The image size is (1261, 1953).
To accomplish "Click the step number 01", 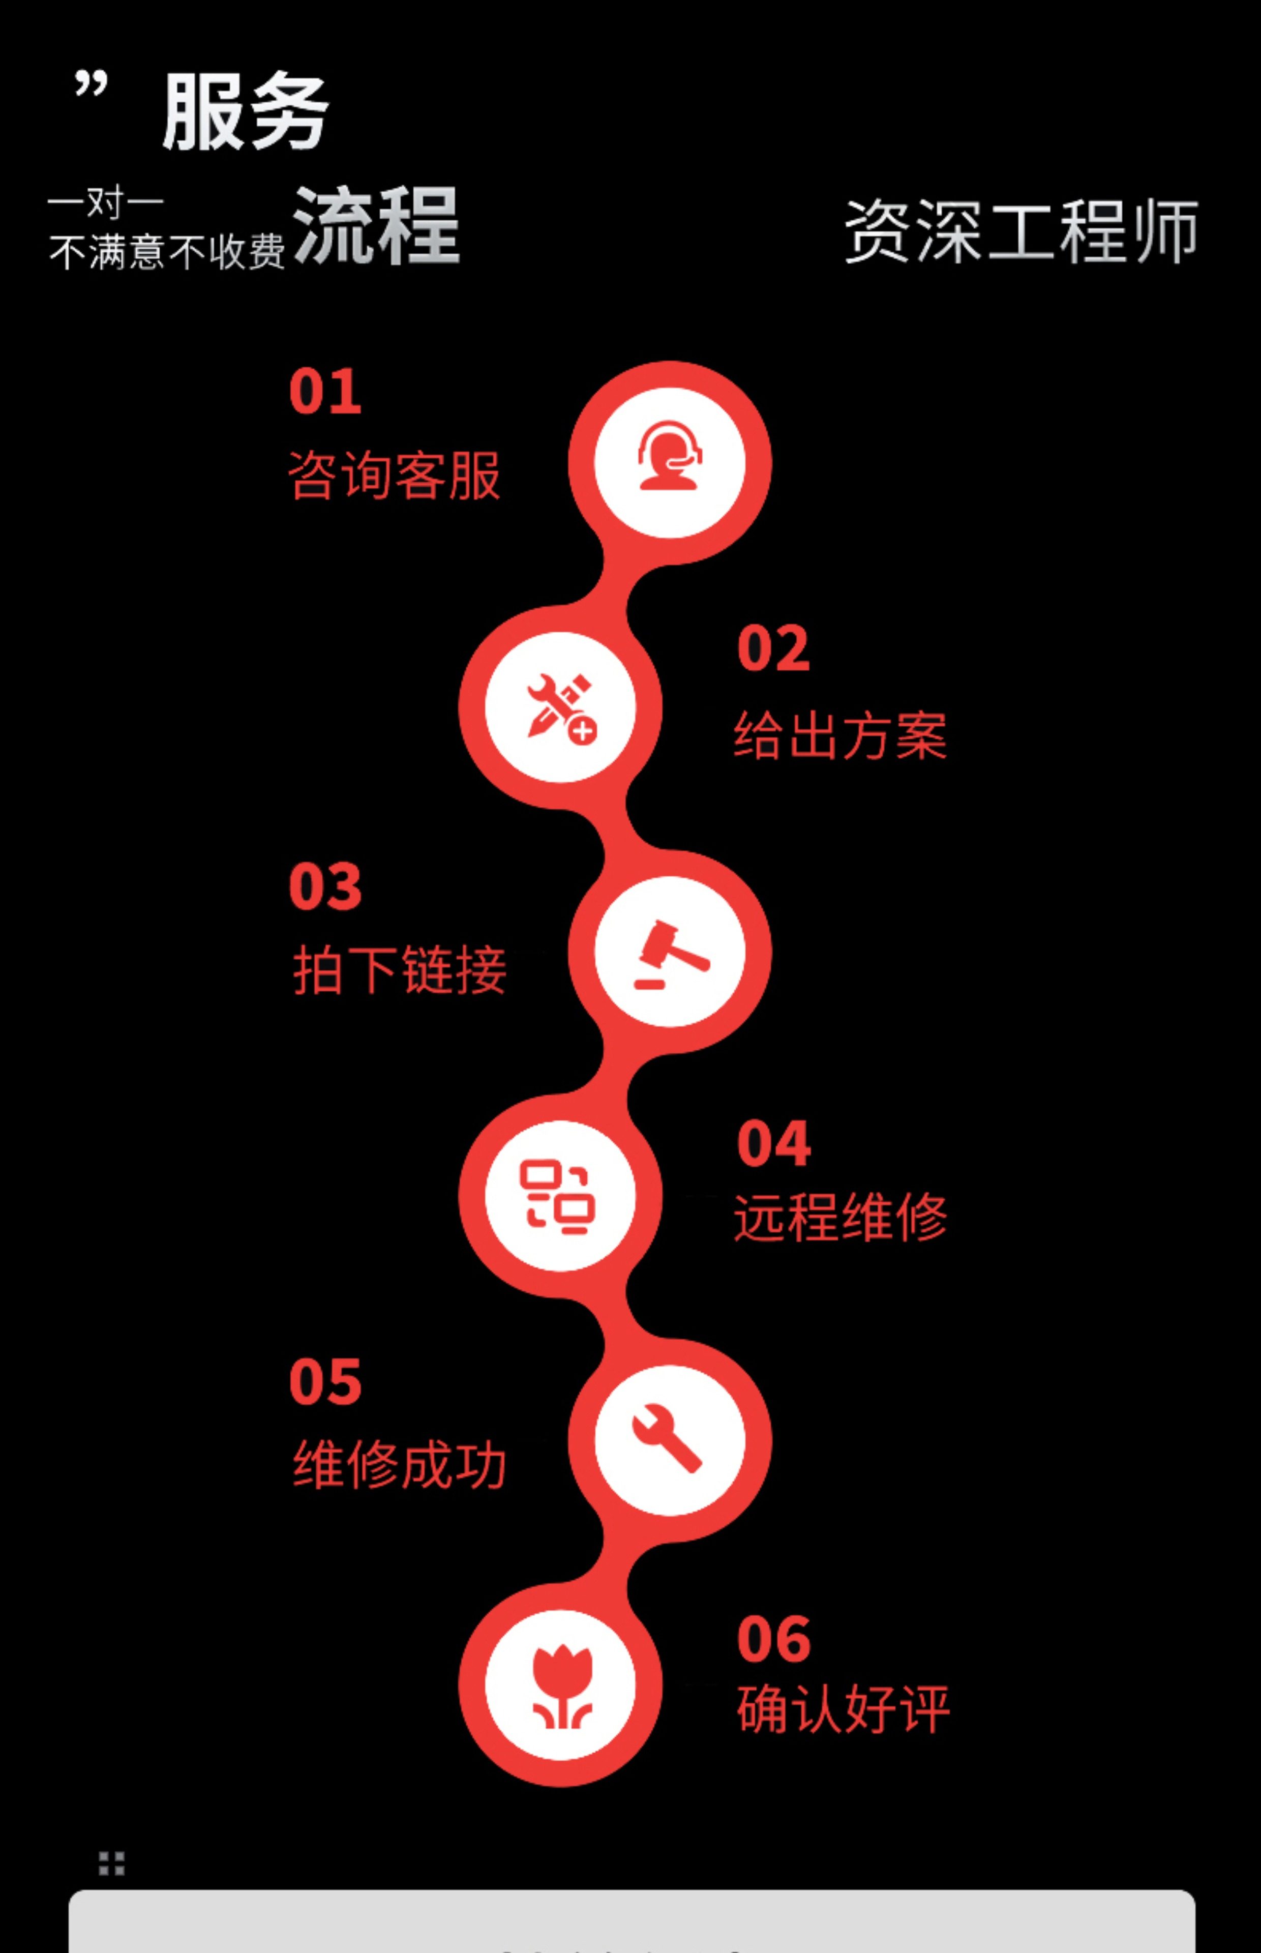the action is coord(325,392).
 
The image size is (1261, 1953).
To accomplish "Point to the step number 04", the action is coord(773,1143).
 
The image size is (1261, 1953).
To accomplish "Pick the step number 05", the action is coord(325,1381).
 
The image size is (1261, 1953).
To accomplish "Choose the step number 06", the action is coord(773,1639).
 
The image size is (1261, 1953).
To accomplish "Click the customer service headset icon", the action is coord(670,457).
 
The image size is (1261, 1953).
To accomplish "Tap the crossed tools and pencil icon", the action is coord(561,706).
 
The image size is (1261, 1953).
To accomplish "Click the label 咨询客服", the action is coord(394,475).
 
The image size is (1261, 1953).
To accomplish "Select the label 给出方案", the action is coord(840,734).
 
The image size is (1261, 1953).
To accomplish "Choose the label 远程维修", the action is coord(840,1218).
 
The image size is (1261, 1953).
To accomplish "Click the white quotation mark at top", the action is coord(91,83).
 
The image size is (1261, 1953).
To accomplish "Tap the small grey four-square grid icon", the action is coord(111,1864).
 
